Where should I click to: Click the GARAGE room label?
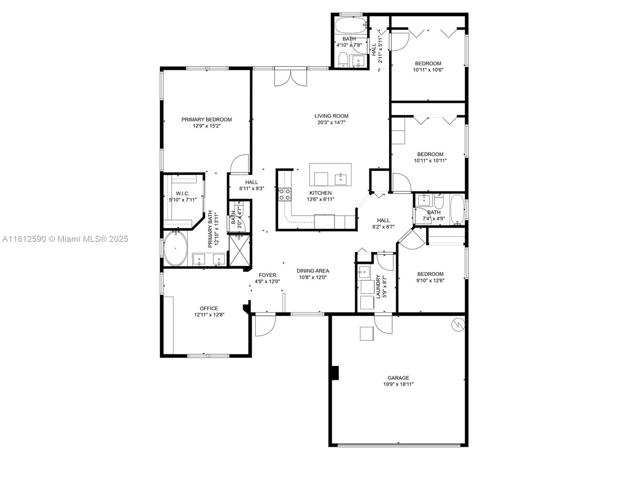pos(398,378)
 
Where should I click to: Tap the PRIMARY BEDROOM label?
pos(206,119)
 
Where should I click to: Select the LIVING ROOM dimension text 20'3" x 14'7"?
pos(331,122)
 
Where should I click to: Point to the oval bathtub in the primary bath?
pos(175,248)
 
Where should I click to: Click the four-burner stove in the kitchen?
pos(285,194)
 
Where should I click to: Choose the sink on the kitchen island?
pos(340,179)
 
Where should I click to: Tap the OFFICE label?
pos(209,308)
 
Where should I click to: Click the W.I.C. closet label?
pos(183,194)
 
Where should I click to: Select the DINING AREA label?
pos(313,271)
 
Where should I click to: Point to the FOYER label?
pos(267,275)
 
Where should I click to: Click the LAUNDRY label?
pos(378,287)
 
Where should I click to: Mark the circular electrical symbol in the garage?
pos(458,325)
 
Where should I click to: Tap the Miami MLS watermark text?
pos(65,239)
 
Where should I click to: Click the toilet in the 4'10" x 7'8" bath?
pos(343,60)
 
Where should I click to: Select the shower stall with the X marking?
pos(240,251)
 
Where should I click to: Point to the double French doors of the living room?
pos(290,77)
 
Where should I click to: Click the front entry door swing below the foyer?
pos(265,325)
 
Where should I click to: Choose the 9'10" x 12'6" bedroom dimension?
pos(430,280)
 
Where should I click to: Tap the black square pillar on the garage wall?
pos(335,373)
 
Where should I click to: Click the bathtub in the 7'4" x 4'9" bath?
pos(457,210)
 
